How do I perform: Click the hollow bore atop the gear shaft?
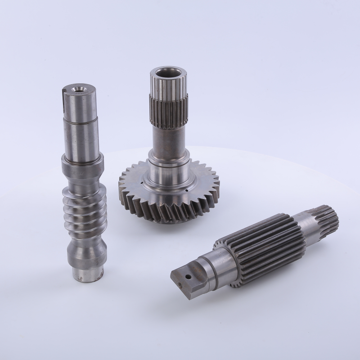point(166,72)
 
